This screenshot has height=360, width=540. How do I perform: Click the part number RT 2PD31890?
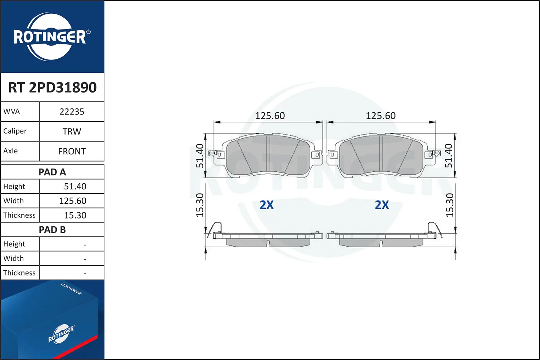click(52, 87)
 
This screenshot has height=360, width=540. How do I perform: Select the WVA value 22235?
click(72, 112)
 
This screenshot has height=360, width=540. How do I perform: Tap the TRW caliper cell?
click(72, 131)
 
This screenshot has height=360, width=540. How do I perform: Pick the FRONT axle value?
click(72, 152)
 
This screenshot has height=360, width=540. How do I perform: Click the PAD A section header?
click(52, 172)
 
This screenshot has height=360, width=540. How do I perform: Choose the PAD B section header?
click(52, 230)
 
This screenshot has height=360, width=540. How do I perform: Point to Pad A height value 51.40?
click(75, 186)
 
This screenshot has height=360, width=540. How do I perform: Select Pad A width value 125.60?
click(73, 201)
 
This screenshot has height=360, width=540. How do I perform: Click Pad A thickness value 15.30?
click(75, 215)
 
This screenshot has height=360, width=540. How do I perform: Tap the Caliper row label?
click(15, 131)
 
